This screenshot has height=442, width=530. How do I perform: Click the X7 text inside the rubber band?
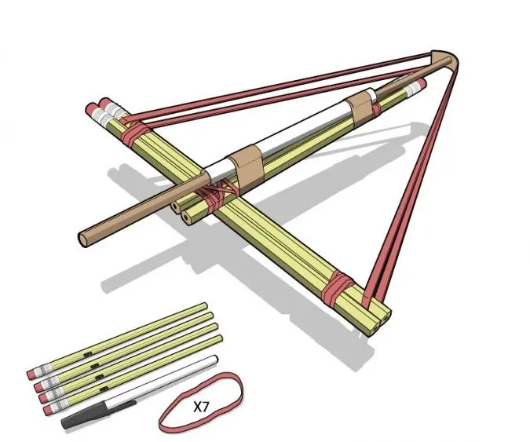click(x=201, y=407)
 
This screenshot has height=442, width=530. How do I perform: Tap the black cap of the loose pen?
click(x=98, y=415)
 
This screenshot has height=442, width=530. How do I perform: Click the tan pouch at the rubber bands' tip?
click(x=445, y=60)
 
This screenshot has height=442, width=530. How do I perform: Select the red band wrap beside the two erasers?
click(x=135, y=134)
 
